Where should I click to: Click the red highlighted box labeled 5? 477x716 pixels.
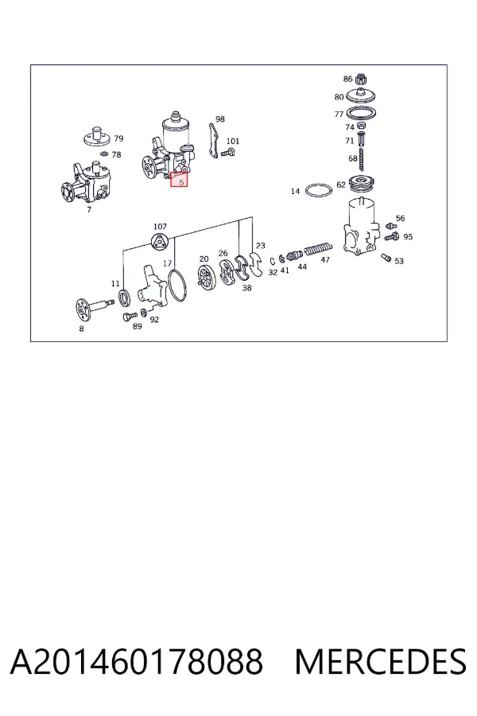[179, 180]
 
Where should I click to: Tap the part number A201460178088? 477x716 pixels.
[137, 662]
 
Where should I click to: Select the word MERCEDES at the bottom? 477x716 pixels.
[380, 662]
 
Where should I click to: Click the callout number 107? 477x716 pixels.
[161, 227]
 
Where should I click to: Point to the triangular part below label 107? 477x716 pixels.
[161, 241]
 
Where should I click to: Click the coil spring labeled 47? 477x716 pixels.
[318, 249]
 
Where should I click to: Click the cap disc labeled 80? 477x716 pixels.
[361, 95]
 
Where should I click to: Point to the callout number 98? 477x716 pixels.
[220, 119]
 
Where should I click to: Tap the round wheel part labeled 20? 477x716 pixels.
[204, 278]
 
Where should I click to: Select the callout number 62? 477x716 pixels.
[341, 185]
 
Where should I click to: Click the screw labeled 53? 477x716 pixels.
[386, 258]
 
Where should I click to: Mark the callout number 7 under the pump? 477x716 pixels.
[89, 209]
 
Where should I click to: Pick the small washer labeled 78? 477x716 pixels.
[103, 153]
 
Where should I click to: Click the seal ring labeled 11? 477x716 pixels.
[125, 298]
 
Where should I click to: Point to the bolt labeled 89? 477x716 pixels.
[130, 316]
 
